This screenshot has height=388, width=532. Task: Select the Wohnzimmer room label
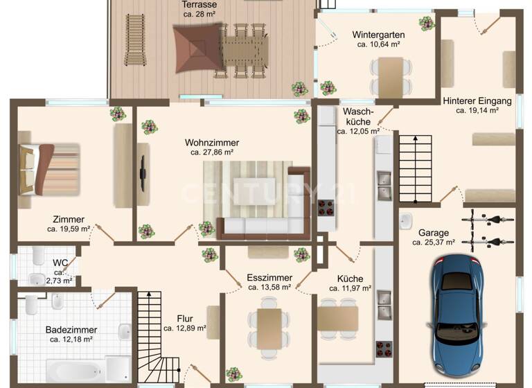(209, 142)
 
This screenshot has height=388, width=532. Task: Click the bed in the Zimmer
(48, 168)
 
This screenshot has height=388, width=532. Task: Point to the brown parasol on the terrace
(196, 48)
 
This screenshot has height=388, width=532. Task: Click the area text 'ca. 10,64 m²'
(378, 44)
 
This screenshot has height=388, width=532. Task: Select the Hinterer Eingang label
(477, 100)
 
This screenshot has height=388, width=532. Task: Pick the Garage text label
(434, 233)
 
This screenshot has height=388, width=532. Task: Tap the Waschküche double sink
(383, 183)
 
